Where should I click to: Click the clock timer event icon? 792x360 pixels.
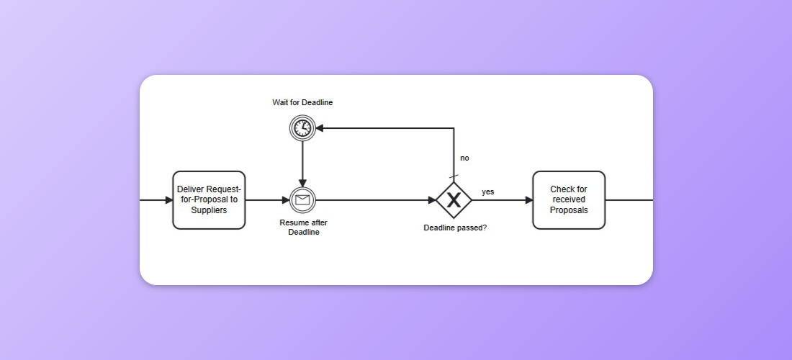(302, 128)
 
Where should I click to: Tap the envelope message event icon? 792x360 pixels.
(302, 200)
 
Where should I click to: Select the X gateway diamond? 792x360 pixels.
(454, 200)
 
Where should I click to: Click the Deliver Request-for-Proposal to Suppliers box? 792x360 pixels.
(209, 200)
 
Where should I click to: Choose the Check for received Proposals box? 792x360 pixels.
(569, 200)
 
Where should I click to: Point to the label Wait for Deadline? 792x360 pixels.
(302, 102)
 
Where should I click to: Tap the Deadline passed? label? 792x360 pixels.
(454, 228)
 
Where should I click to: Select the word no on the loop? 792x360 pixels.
(464, 158)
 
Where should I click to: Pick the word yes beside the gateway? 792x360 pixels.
(488, 192)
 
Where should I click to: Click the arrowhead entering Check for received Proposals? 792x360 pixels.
(528, 200)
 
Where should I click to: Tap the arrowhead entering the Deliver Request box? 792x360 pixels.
(168, 200)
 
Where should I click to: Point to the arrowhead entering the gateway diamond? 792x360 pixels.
(431, 200)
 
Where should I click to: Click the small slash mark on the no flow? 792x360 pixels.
(454, 176)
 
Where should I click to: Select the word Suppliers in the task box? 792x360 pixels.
(209, 210)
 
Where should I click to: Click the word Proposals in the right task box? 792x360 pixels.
(569, 210)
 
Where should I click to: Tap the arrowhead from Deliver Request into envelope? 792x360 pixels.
(285, 200)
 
